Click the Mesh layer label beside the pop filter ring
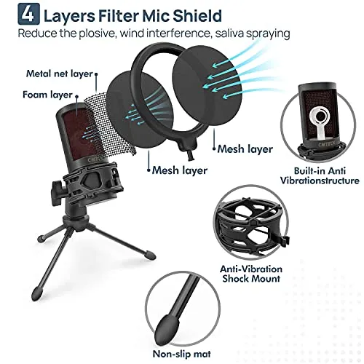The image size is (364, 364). click(x=245, y=149)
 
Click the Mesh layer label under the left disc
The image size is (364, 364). click(x=178, y=172)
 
